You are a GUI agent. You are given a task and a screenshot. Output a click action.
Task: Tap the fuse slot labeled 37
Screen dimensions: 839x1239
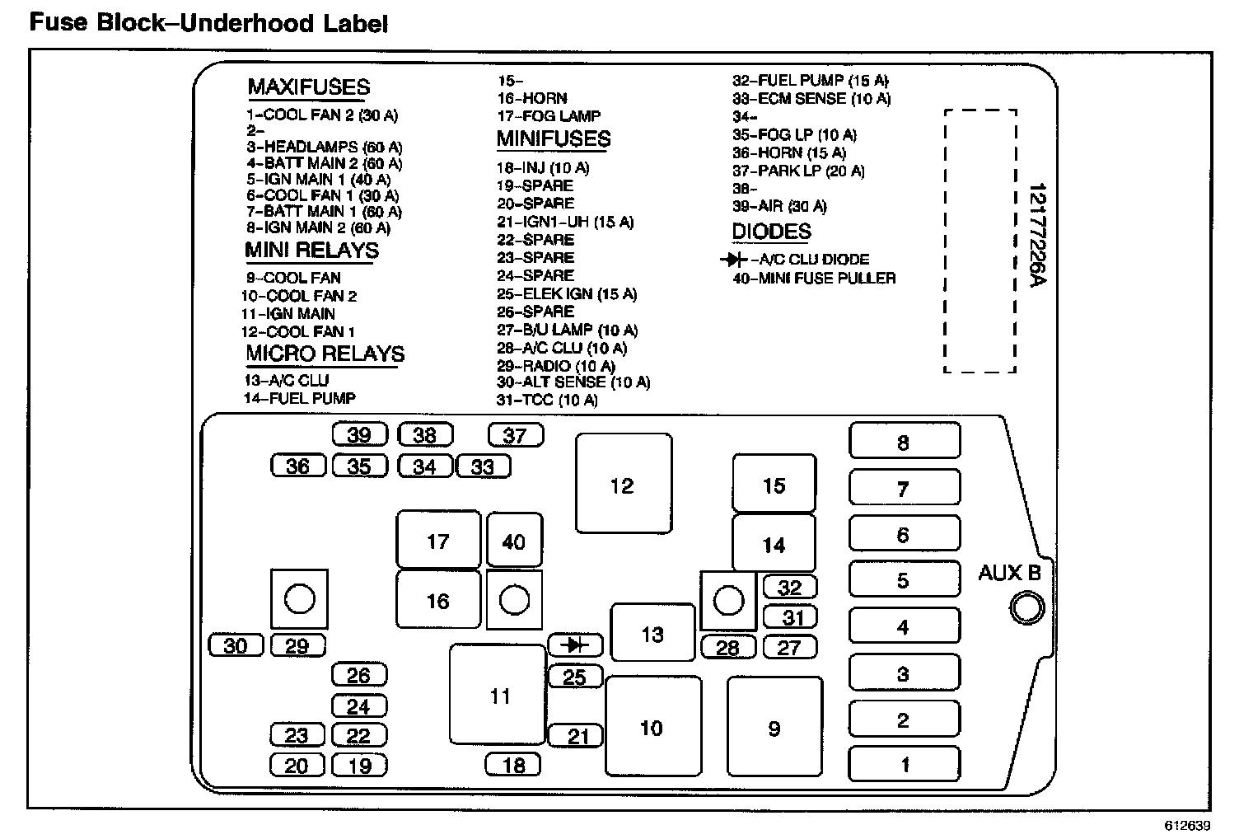pyautogui.click(x=515, y=434)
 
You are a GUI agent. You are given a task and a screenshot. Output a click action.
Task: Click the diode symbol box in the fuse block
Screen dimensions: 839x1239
pyautogui.click(x=575, y=644)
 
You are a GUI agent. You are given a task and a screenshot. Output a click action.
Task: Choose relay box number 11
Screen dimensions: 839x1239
pyautogui.click(x=498, y=695)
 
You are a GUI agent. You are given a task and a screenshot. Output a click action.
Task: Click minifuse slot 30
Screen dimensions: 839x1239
pyautogui.click(x=236, y=644)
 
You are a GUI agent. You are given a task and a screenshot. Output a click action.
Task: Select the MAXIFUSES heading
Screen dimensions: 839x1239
pyautogui.click(x=309, y=87)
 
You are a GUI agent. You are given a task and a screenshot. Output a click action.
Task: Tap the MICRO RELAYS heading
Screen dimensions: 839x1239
pyautogui.click(x=325, y=354)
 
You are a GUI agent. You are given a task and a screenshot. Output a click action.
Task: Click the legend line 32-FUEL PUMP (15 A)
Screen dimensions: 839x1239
pyautogui.click(x=811, y=81)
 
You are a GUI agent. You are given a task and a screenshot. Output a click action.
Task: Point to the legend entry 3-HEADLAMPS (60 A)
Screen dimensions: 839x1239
pyautogui.click(x=324, y=148)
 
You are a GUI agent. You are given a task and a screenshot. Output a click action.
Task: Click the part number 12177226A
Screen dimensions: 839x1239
pyautogui.click(x=1036, y=235)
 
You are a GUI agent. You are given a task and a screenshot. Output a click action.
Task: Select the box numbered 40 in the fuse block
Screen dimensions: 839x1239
pyautogui.click(x=514, y=541)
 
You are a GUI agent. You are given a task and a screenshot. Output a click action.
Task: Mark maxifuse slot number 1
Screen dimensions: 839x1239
pyautogui.click(x=904, y=763)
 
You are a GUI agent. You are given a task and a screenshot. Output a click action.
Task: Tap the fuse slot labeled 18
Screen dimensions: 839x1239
pyautogui.click(x=513, y=764)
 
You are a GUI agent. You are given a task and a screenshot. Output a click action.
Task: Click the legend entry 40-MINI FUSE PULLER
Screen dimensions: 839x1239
pyautogui.click(x=814, y=279)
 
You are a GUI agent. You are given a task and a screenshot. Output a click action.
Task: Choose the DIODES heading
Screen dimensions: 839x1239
pyautogui.click(x=771, y=232)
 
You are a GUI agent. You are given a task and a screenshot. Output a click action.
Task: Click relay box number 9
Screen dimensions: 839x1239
pyautogui.click(x=774, y=727)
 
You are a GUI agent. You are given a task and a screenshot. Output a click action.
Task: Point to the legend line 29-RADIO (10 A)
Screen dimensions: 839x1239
pyautogui.click(x=556, y=366)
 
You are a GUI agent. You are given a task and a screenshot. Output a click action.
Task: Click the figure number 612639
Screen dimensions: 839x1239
pyautogui.click(x=1187, y=825)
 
